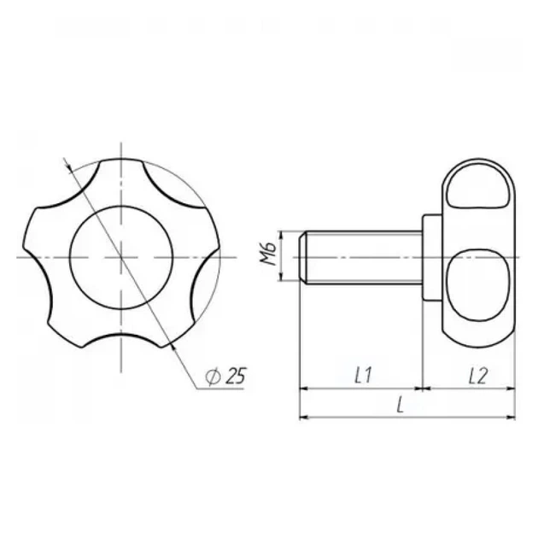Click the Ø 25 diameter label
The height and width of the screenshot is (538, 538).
pos(225,376)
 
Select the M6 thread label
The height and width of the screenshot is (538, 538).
pos(268,254)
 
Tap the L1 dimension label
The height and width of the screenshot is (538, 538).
pos(363,375)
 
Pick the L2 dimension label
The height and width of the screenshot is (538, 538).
pos(478,376)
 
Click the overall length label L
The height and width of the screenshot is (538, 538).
pos(400,405)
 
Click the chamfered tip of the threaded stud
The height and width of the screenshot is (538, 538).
pos(303,257)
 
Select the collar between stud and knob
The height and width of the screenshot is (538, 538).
pos(432,257)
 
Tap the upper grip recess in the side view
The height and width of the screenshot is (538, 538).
pos(478,186)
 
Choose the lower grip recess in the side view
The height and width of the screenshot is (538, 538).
pos(478,284)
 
